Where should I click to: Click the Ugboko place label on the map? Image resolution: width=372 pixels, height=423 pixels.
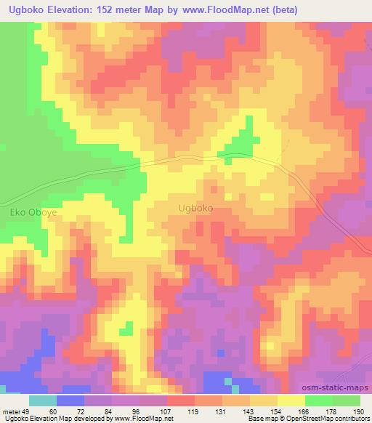[x=195, y=208]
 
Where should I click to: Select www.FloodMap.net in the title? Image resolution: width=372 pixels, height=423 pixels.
[x=223, y=9]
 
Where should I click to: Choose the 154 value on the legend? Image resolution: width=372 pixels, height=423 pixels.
[x=280, y=411]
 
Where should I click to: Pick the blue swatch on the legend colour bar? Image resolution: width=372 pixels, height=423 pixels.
[x=70, y=400]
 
